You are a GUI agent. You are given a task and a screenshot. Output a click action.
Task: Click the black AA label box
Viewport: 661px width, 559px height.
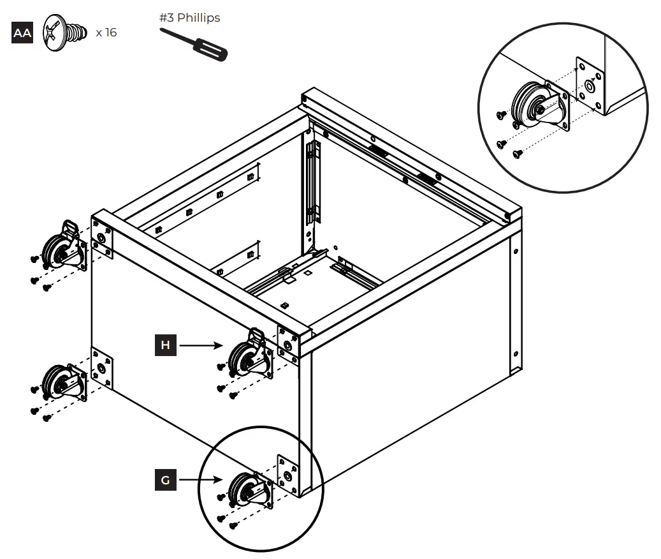coord(22,33)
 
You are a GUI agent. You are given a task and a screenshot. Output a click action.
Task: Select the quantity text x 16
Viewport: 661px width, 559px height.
coord(106,33)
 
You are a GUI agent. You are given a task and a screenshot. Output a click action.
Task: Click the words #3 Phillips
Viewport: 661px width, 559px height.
coord(189,18)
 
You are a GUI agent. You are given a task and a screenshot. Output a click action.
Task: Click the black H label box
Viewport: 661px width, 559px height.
coord(166,345)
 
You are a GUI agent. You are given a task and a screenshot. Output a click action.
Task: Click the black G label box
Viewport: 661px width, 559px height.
coord(166,480)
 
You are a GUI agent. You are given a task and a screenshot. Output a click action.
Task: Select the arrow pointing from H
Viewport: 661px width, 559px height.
coord(201,345)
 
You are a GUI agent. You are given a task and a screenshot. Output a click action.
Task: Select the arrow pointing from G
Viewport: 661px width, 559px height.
coord(201,480)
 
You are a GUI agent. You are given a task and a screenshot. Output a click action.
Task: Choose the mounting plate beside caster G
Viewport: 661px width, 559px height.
coord(288,474)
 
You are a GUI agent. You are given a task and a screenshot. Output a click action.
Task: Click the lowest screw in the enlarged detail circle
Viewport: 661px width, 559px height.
coord(516,153)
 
